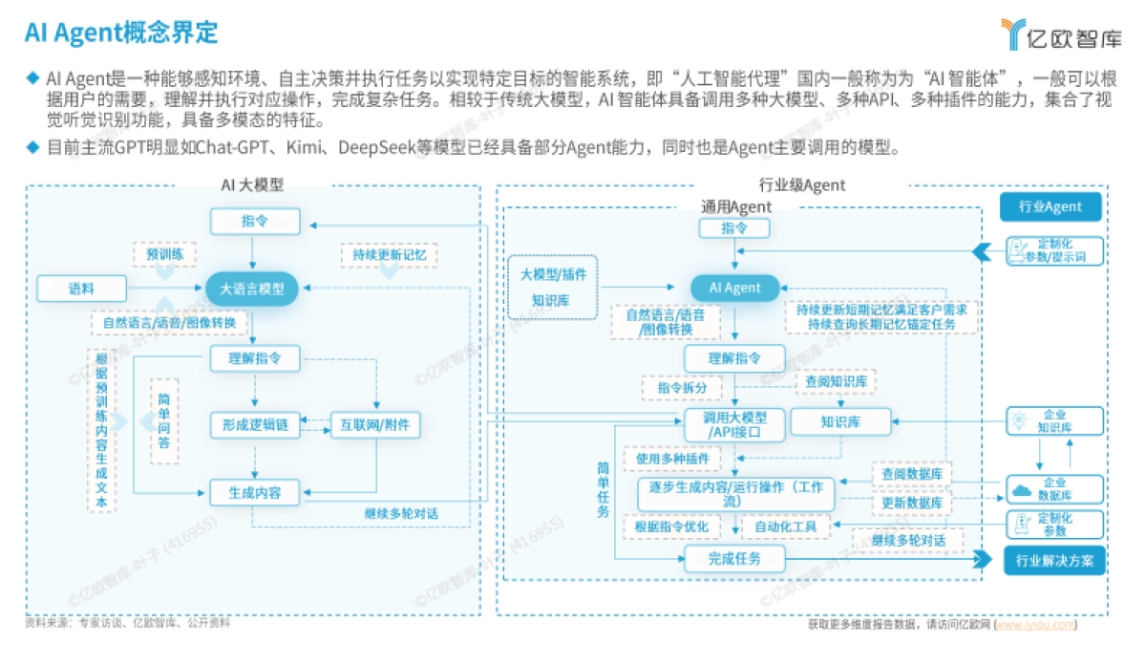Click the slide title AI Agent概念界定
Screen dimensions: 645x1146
pyautogui.click(x=121, y=32)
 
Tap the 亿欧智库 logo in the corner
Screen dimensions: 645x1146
pyautogui.click(x=1061, y=34)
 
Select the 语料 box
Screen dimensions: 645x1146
pyautogui.click(x=81, y=288)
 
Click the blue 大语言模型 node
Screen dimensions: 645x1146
pyautogui.click(x=252, y=288)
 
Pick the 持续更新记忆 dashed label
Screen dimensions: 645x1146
pyautogui.click(x=389, y=255)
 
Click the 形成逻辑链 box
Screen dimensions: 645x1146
pyautogui.click(x=255, y=424)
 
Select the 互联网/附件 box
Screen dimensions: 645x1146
pyautogui.click(x=374, y=424)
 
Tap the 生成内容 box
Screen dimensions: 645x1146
pyautogui.click(x=255, y=493)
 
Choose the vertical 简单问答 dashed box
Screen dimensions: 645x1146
pyautogui.click(x=163, y=420)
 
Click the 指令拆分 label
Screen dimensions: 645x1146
pyautogui.click(x=682, y=388)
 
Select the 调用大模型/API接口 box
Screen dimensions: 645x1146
pyautogui.click(x=733, y=425)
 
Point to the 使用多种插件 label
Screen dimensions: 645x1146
pyautogui.click(x=673, y=459)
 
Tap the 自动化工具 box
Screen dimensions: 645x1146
pyautogui.click(x=785, y=527)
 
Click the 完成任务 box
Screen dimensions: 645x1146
pyautogui.click(x=733, y=559)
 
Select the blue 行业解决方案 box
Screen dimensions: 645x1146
pyautogui.click(x=1054, y=560)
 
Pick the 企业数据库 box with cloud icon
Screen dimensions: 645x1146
pyautogui.click(x=1054, y=489)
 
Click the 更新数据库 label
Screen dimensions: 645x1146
pyautogui.click(x=911, y=503)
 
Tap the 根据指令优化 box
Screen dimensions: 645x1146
pyautogui.click(x=678, y=527)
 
